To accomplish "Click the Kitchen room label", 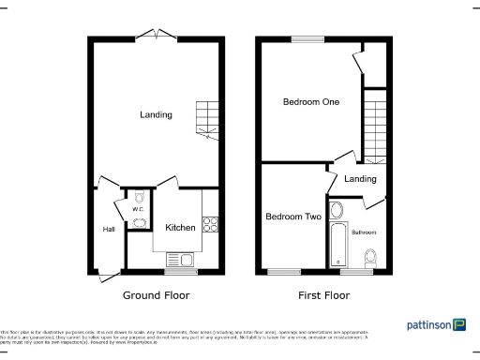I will tap(181, 228).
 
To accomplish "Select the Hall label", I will tap(109, 229).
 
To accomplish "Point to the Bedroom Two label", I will tap(293, 217).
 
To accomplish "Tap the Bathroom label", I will tap(364, 231).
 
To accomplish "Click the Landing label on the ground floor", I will tap(156, 115).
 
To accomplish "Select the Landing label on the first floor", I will tap(360, 179).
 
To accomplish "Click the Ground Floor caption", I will tap(157, 295).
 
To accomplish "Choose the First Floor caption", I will tap(323, 295).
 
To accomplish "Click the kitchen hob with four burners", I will tap(211, 224).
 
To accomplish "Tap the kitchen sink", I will tap(178, 260).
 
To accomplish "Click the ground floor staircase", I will tap(206, 117).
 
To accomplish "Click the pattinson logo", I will tap(436, 325).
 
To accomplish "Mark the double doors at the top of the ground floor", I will tap(152, 35).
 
